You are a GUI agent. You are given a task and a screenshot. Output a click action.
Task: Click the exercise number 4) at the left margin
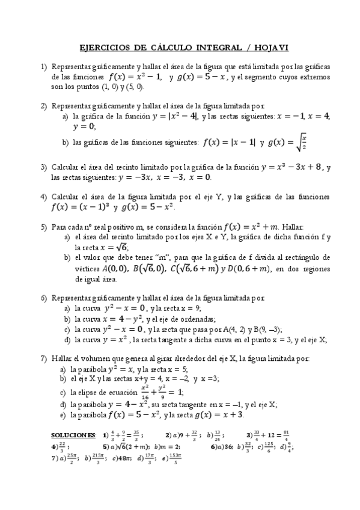pos(43,197)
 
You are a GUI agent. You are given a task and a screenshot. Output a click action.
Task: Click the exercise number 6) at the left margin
pos(43,298)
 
